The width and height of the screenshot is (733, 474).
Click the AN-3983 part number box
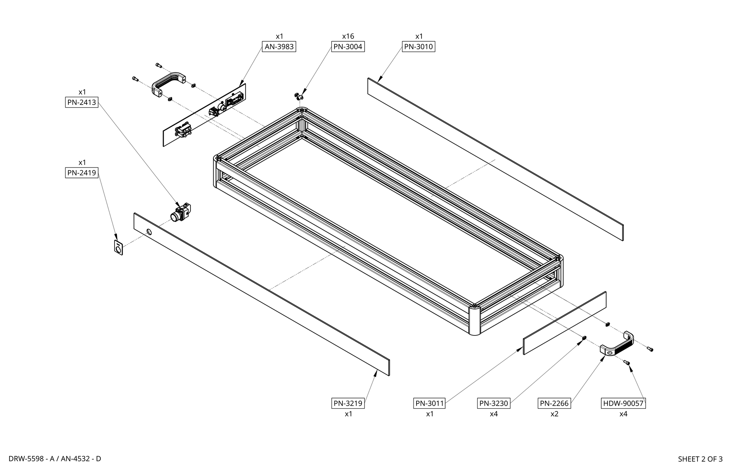[279, 47]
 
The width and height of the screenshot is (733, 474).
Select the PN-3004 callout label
[348, 47]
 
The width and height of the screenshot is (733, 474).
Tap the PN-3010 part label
[419, 47]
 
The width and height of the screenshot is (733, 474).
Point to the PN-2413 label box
[82, 102]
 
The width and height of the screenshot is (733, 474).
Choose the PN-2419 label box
[82, 173]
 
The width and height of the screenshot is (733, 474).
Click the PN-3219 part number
[348, 403]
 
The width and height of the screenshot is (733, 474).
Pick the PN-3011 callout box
[429, 403]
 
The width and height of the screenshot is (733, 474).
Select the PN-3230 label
[494, 403]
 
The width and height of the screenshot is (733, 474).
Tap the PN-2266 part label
[554, 403]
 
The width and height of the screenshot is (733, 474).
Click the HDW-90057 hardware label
[623, 403]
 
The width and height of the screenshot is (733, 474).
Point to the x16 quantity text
[348, 36]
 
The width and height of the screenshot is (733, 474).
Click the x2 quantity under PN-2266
[554, 414]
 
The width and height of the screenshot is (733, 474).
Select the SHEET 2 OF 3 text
[700, 459]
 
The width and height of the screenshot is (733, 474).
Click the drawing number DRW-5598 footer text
[26, 459]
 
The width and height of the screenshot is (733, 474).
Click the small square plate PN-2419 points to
[118, 248]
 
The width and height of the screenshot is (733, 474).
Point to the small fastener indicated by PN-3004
[299, 96]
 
